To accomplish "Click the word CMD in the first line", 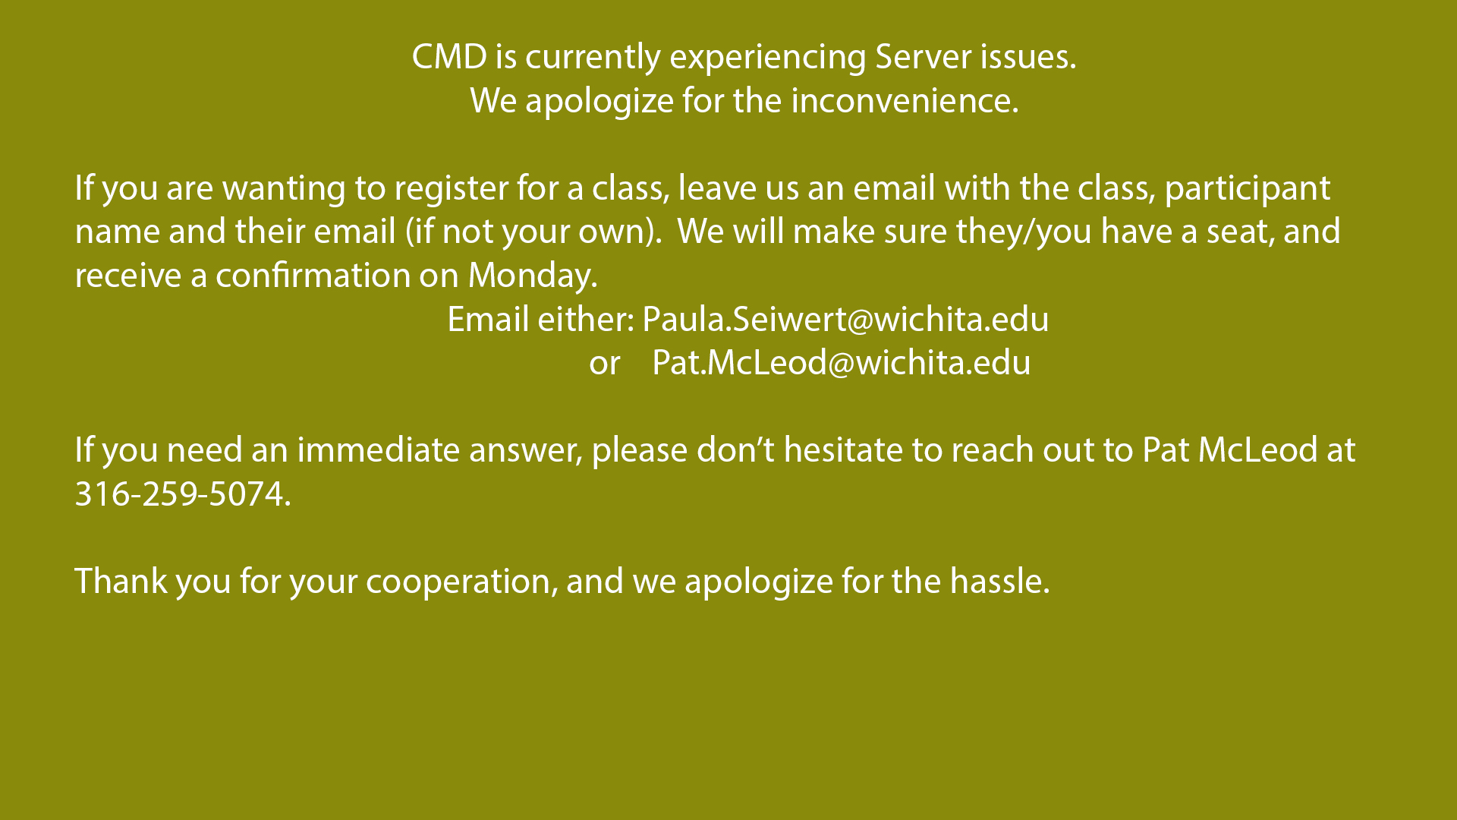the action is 449,57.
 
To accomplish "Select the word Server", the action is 923,57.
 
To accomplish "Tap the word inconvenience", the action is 905,101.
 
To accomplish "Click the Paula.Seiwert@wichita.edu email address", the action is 845,320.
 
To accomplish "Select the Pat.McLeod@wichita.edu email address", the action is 842,363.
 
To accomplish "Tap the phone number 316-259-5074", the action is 182,494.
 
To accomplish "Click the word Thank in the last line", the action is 121,582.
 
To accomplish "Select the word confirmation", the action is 313,276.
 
